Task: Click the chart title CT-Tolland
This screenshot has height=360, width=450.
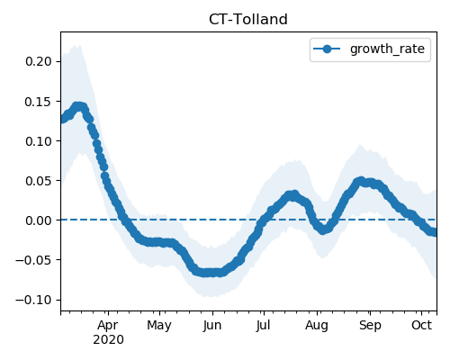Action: coord(248,20)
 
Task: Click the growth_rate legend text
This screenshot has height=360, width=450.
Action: coord(387,49)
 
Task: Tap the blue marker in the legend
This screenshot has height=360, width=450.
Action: coord(327,49)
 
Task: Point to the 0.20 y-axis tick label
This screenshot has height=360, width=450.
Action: coord(39,61)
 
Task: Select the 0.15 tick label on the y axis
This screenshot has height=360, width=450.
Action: coord(39,102)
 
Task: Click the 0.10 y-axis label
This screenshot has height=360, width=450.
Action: coord(39,141)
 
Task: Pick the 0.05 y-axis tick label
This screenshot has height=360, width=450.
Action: coord(39,181)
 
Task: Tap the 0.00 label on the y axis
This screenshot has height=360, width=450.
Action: coord(39,220)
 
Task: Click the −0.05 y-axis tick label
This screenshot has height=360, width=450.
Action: coord(33,260)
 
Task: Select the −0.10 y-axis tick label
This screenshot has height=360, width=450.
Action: coord(33,300)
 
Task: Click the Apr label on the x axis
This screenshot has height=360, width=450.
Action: coord(108,326)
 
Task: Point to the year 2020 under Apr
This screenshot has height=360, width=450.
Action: coord(108,340)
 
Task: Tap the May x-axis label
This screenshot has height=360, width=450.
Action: coord(159,326)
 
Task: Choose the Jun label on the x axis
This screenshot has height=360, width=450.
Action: coord(212,326)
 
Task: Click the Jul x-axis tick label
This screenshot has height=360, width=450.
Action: coord(263,326)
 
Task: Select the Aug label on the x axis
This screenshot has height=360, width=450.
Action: coord(317,326)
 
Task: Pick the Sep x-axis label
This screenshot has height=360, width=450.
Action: coord(370,326)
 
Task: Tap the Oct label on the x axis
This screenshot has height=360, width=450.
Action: coord(421,325)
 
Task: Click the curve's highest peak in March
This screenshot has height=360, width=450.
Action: coord(78,106)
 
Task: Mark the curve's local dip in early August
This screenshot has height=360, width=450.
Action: coord(322,230)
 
